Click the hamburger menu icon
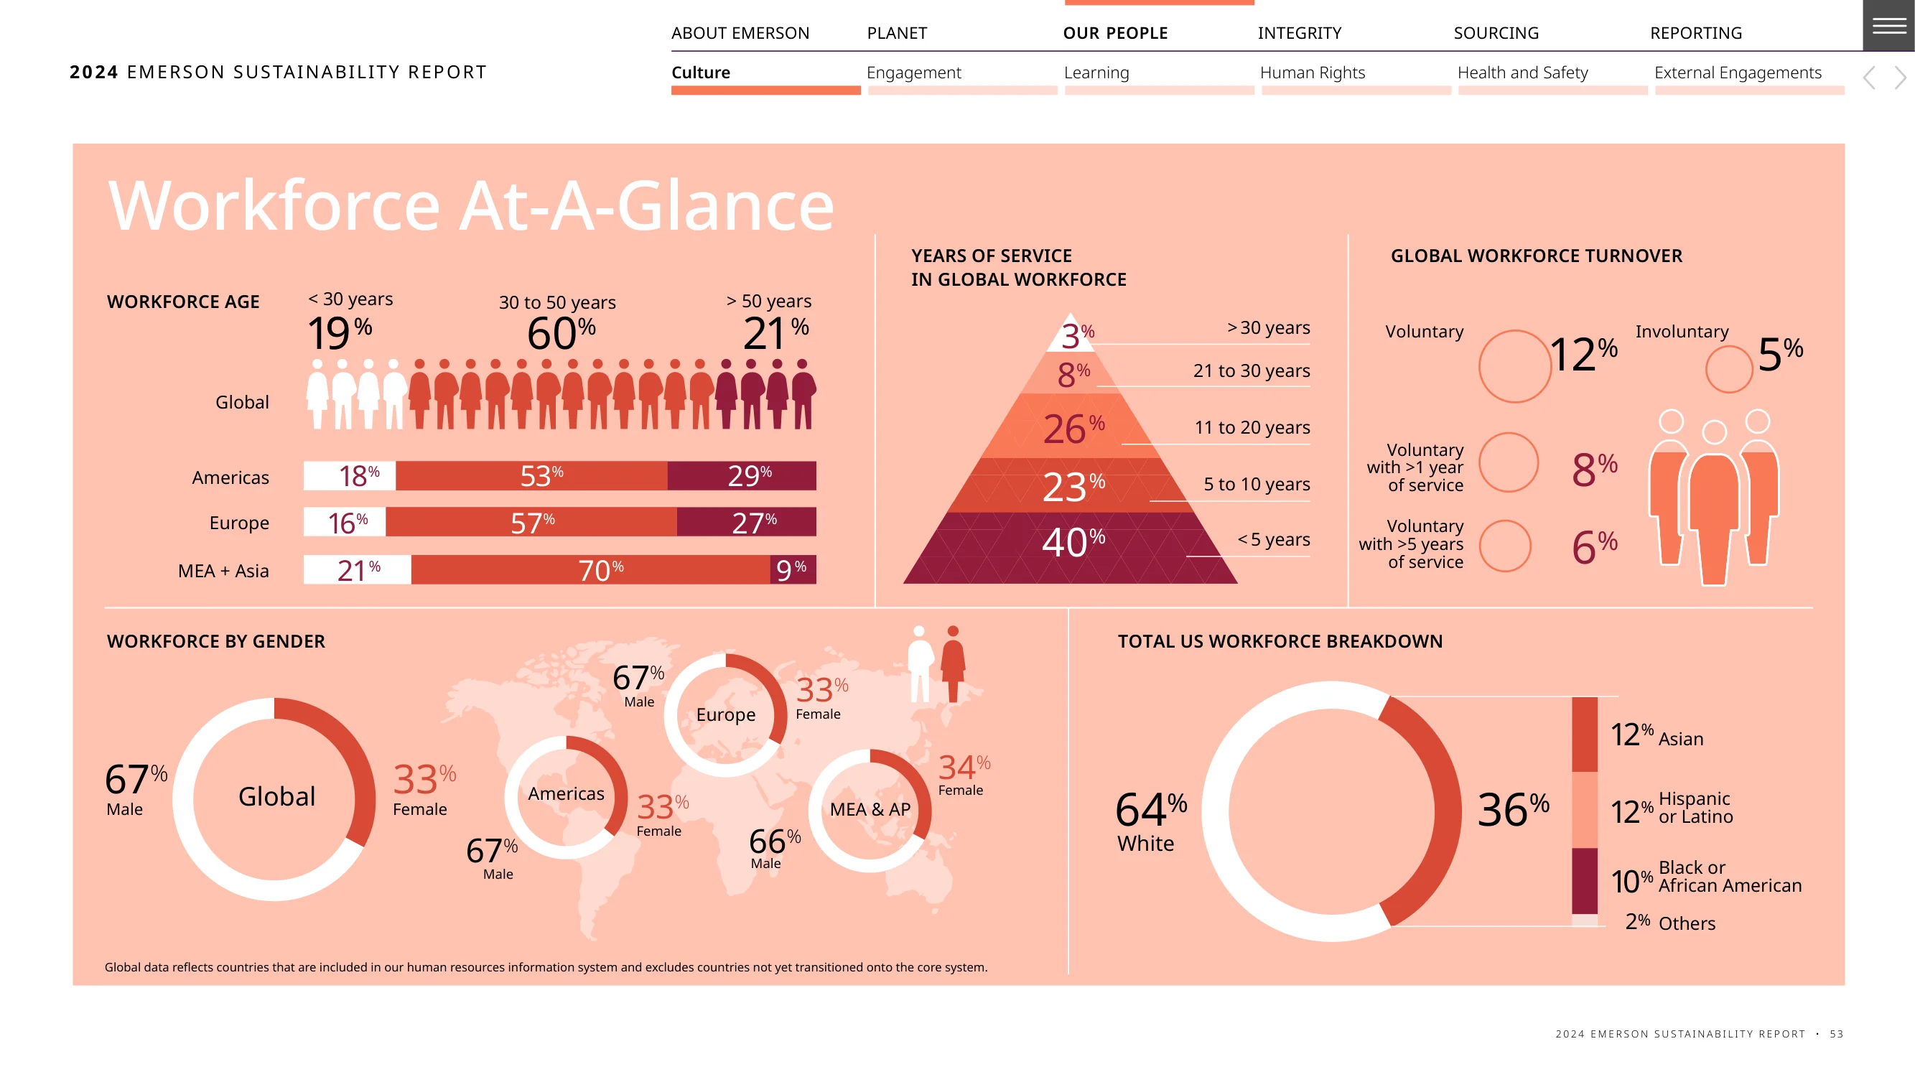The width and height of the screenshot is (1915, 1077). tap(1889, 25)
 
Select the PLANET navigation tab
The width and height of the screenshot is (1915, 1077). tap(897, 33)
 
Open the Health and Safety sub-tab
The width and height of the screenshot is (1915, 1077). tap(1522, 72)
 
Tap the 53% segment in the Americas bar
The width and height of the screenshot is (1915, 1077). tap(531, 476)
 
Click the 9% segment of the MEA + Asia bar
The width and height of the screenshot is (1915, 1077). tap(793, 569)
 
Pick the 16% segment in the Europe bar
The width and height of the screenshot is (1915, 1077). tap(345, 522)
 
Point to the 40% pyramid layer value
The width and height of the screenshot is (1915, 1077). tap(1073, 542)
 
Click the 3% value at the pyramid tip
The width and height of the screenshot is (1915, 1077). tap(1078, 335)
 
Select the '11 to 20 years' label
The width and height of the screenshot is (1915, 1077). tap(1252, 427)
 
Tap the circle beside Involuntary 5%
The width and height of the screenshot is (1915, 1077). tap(1729, 368)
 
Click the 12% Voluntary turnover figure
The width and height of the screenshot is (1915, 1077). tap(1583, 354)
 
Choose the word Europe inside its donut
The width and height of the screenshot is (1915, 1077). tap(725, 714)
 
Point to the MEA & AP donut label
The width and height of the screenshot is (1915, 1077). tap(870, 808)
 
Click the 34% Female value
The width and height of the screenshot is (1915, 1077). tap(964, 766)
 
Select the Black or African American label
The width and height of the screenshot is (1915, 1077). tap(1730, 876)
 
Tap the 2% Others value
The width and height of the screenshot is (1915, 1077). tap(1638, 922)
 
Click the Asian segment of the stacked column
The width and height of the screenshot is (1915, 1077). tap(1584, 735)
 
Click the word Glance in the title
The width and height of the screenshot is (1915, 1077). tap(724, 206)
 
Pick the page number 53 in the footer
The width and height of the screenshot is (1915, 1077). tap(1836, 1034)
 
